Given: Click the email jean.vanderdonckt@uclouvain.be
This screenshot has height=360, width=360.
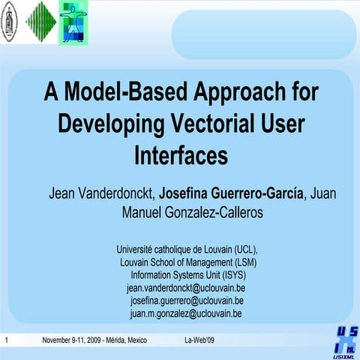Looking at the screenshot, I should pos(187,287).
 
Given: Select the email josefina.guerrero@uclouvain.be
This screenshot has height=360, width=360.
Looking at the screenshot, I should pos(187,300).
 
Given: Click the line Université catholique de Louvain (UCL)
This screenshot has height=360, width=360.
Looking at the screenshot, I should pos(187,249).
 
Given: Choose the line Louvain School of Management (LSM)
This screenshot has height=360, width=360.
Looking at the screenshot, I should pos(187,262).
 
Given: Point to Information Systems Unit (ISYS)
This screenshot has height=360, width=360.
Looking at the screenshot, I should pos(188,274).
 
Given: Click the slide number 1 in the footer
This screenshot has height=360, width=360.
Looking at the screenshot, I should pos(6,341).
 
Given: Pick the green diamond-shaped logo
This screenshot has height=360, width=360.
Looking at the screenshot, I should pos(40,20).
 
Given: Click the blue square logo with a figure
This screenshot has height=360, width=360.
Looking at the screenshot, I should pos(73,22).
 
